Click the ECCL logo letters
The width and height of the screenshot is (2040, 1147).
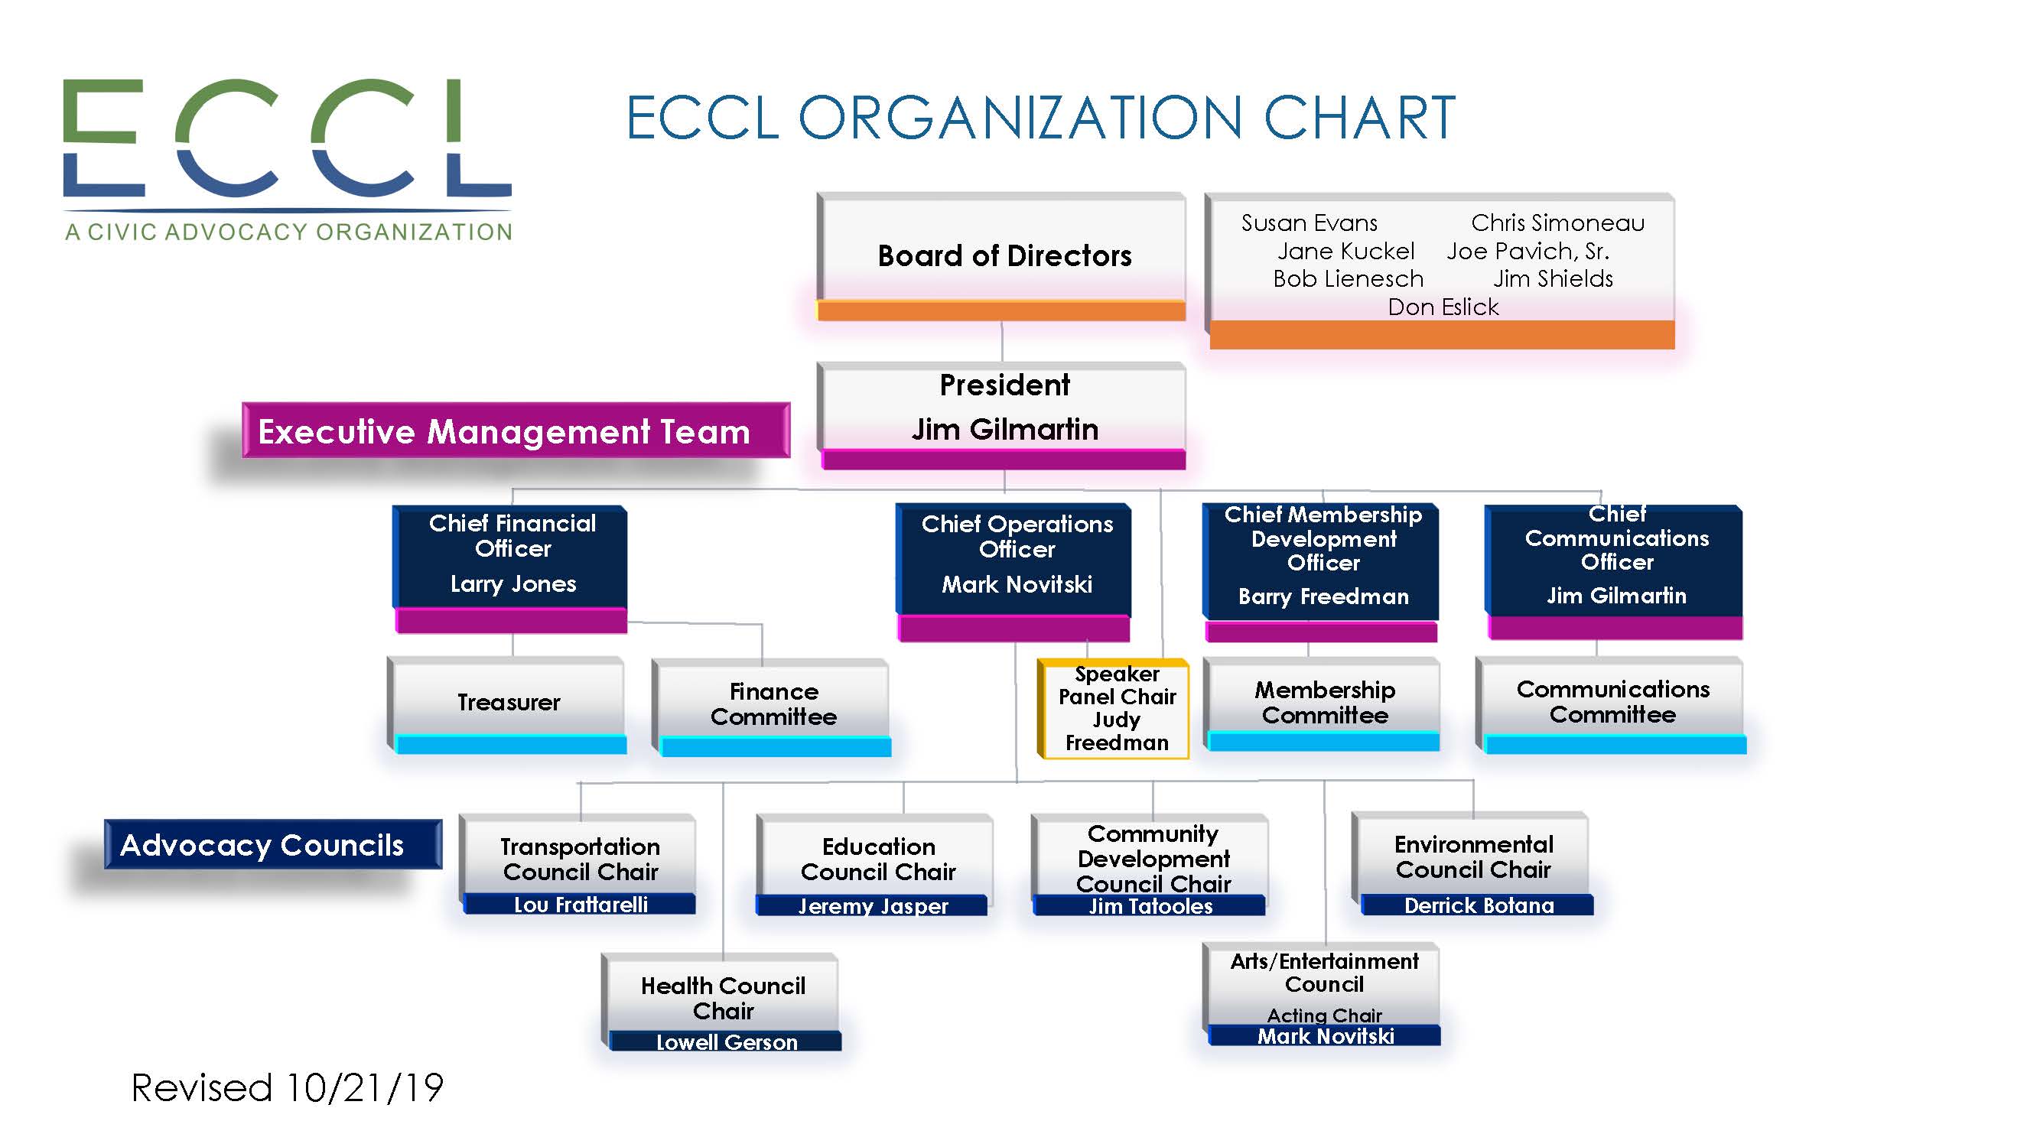coord(288,138)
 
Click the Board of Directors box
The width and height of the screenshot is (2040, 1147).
coord(1001,256)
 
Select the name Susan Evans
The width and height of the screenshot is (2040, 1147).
coord(1309,223)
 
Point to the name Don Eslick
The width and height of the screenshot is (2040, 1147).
coord(1443,307)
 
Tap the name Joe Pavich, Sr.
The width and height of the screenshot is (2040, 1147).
coord(1528,252)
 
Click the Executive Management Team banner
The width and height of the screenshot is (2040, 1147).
coord(516,431)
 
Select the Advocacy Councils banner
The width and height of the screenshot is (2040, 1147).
coord(273,845)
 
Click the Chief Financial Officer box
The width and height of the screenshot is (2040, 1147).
coord(511,569)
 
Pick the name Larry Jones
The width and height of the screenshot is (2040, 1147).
coord(513,584)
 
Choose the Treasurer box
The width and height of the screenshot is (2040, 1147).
coord(507,704)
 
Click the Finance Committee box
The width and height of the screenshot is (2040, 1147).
coord(771,707)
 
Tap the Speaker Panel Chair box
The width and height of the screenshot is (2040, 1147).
coord(1114,709)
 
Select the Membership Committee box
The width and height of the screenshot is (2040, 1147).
coord(1322,703)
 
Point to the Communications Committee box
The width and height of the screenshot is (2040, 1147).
coord(1611,704)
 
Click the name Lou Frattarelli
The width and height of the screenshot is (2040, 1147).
coord(581,905)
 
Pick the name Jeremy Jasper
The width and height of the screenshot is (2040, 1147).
coord(873,906)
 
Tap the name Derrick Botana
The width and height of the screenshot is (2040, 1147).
coord(1479,905)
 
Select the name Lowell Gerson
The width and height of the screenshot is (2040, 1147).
coord(726,1042)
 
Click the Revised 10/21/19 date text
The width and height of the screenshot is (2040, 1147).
coord(287,1087)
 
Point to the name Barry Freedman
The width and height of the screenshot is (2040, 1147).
coord(1323,597)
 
